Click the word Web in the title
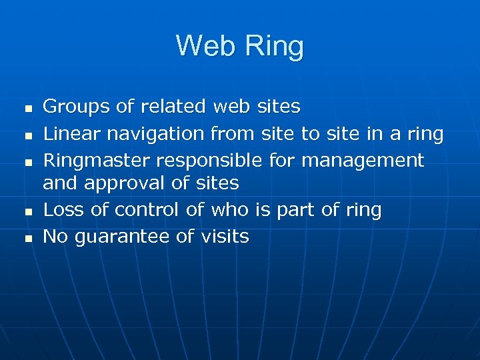(205, 46)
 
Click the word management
(361, 161)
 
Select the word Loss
(62, 210)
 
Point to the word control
(147, 210)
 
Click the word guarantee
(134, 237)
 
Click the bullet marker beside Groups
(27, 107)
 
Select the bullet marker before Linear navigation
(27, 135)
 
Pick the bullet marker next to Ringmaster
(27, 162)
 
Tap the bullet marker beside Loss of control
(27, 211)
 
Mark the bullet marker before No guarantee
(27, 238)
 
